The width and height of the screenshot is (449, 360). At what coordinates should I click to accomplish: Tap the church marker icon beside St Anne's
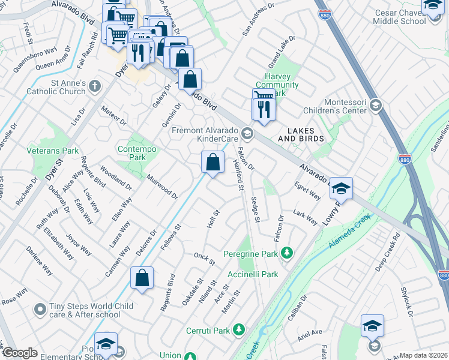click(94, 87)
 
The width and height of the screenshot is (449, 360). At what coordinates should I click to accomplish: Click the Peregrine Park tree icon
click(287, 253)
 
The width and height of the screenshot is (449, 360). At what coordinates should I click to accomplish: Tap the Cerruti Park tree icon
click(239, 330)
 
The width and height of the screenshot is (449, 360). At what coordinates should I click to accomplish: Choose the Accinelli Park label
click(253, 274)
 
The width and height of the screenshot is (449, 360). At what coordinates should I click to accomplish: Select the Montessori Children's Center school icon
click(375, 106)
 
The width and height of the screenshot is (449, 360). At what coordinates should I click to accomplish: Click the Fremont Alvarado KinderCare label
click(206, 134)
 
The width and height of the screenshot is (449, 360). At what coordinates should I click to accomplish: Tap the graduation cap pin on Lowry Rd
click(341, 189)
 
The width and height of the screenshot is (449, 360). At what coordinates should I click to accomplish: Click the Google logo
click(20, 353)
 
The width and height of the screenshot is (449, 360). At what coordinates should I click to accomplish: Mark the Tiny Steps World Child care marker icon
click(40, 310)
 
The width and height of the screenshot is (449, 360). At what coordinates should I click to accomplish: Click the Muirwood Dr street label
click(162, 187)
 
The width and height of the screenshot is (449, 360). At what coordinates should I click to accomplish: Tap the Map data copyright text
click(423, 355)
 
